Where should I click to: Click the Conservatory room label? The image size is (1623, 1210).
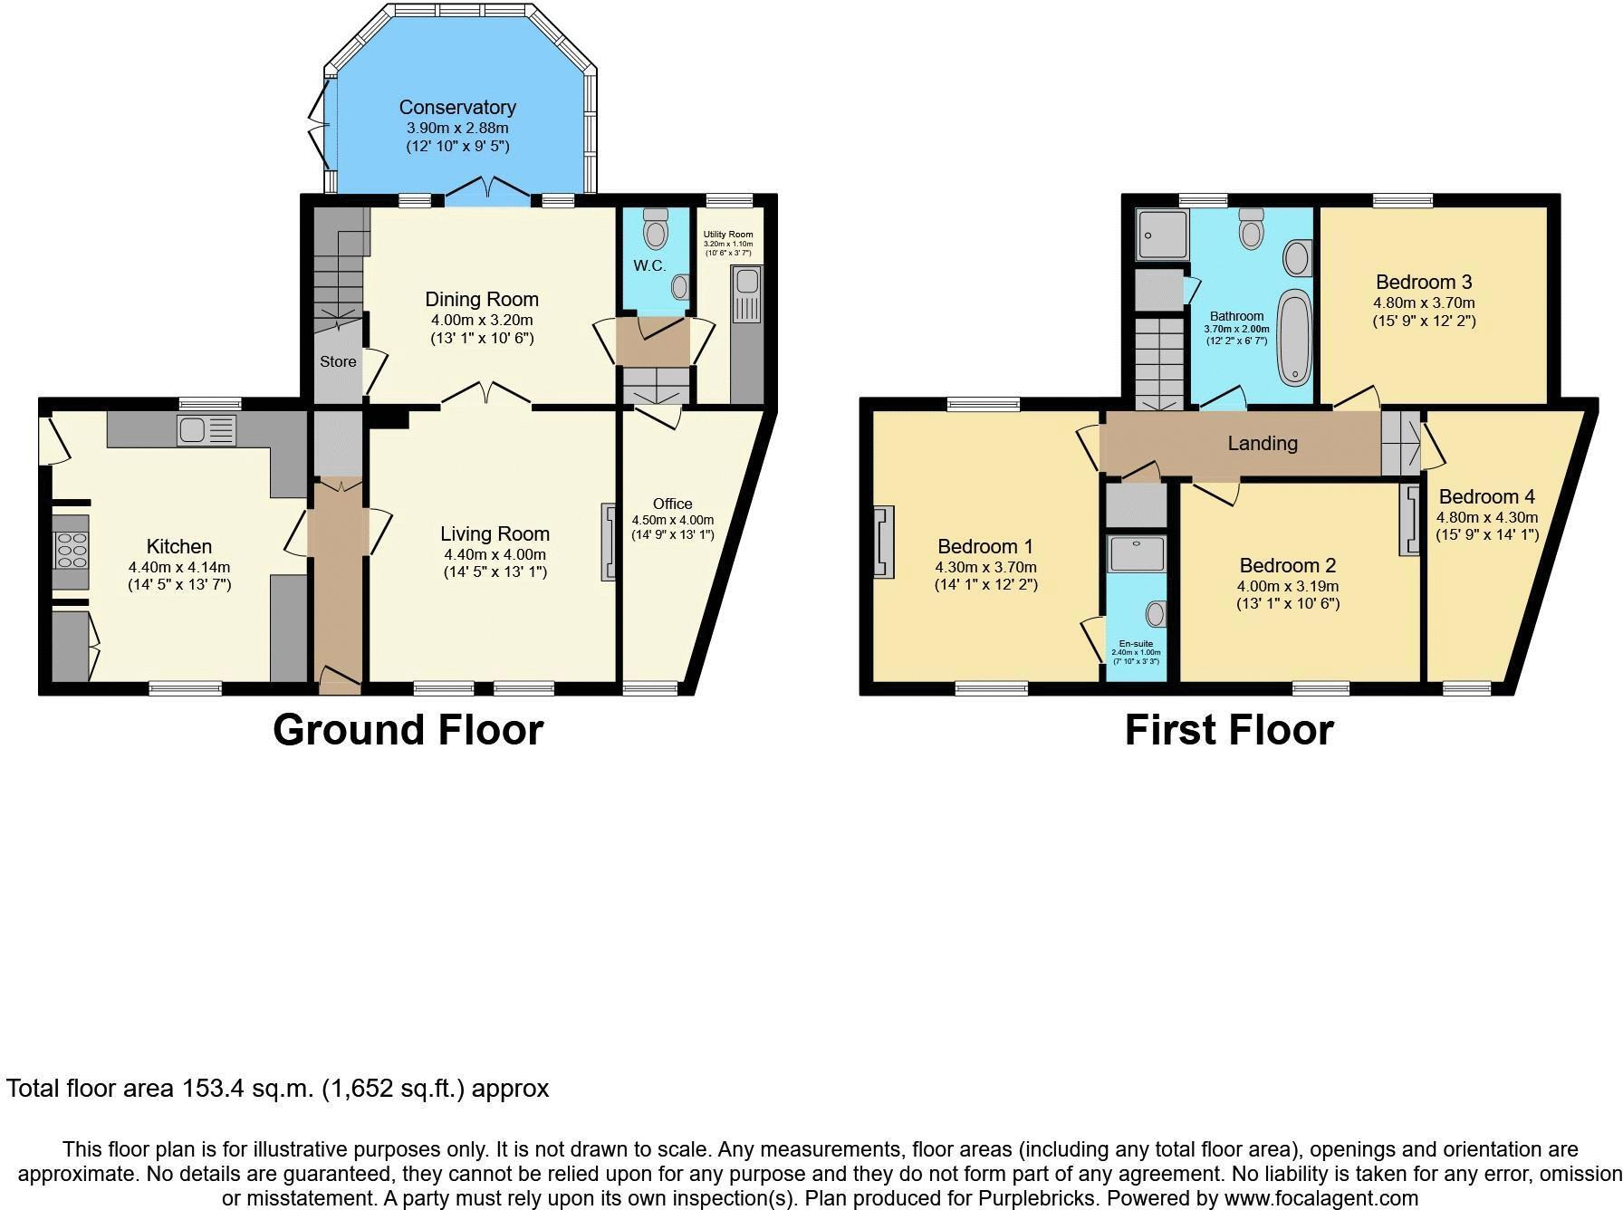[457, 107]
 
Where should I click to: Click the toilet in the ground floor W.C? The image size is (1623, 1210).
[654, 232]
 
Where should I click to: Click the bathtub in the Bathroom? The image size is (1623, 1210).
[1294, 338]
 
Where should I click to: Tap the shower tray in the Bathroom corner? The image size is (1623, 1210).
[1161, 235]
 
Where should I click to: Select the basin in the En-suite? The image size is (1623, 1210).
[1156, 614]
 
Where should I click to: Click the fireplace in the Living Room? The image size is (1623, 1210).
[608, 542]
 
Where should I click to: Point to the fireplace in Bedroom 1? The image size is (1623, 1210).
[883, 542]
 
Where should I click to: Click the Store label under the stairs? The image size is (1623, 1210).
[338, 361]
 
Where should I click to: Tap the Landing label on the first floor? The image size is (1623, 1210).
[1263, 443]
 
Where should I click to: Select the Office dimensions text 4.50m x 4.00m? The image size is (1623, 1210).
[672, 520]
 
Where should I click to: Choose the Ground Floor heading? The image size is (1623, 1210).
[408, 730]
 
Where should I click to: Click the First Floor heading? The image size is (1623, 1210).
[1229, 730]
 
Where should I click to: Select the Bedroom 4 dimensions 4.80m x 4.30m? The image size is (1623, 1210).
[1486, 517]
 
